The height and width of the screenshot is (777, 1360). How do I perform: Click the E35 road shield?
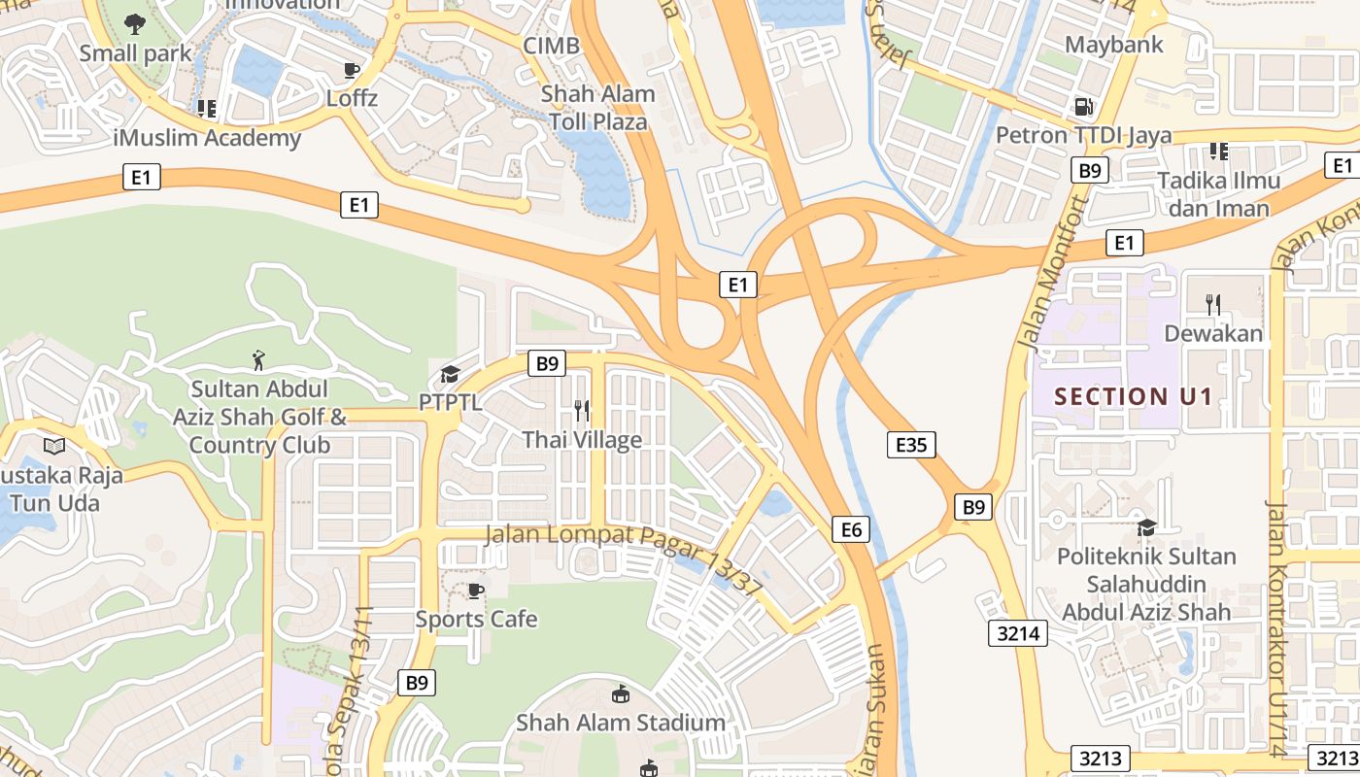coord(911,445)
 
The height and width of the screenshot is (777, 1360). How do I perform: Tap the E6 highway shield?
coord(851,529)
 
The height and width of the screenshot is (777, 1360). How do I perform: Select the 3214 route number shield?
coord(1018,634)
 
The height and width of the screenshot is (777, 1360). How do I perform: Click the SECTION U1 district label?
coord(1120,396)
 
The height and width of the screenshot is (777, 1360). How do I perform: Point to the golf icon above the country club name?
coord(258,361)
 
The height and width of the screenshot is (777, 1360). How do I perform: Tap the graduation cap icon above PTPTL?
coord(450,374)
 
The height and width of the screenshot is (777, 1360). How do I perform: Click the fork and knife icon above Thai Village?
coord(582,411)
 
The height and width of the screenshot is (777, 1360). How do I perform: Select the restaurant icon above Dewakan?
coord(1212,305)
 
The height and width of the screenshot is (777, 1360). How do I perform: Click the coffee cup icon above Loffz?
coord(352,70)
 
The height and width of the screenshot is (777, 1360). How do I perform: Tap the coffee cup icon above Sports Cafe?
coord(476,591)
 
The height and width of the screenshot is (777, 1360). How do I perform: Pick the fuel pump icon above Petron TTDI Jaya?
coord(1082,106)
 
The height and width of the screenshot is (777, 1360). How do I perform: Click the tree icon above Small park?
coord(135,24)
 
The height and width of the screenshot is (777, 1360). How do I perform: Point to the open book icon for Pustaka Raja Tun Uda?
coord(54,447)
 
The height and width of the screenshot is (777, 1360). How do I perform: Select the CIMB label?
coord(551,46)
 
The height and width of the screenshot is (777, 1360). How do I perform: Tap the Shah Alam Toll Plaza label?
coord(597,108)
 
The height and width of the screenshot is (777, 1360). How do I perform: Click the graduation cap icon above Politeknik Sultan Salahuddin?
coord(1146,527)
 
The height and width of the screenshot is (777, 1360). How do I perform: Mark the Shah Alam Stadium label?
coord(620,723)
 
